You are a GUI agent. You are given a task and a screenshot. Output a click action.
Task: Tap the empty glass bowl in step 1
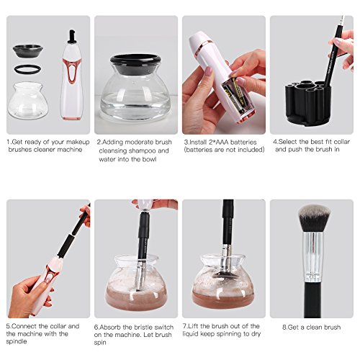click(x=28, y=100)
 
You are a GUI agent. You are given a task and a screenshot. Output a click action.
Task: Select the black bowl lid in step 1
click(x=28, y=51)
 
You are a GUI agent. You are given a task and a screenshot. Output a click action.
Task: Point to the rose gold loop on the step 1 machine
click(x=71, y=71)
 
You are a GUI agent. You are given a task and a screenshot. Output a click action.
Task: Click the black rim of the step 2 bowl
click(x=135, y=63)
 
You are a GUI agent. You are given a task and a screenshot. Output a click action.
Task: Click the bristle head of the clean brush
click(x=314, y=218)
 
